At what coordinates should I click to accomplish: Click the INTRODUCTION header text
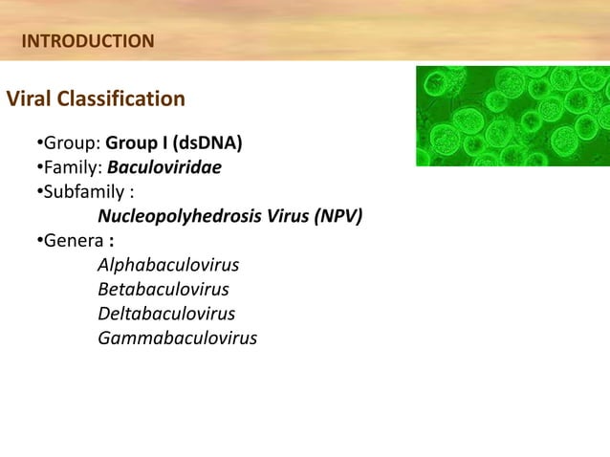pos(87,41)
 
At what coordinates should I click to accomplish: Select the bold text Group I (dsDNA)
pos(173,145)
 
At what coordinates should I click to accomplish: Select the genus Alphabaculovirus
pos(168,265)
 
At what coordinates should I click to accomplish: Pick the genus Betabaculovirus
pos(163,289)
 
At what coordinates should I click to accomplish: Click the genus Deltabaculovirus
pos(165,313)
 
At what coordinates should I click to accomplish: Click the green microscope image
pos(512,116)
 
